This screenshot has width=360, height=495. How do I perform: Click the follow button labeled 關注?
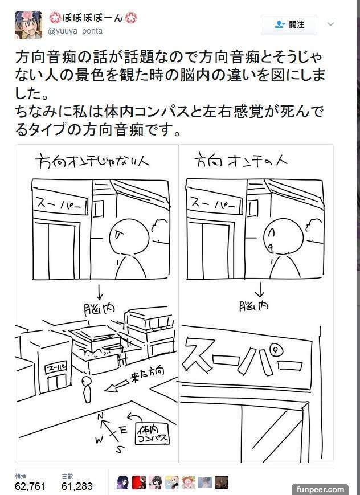[289, 24]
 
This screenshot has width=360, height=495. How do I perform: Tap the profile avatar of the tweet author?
[28, 24]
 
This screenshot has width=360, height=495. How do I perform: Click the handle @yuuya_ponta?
[75, 31]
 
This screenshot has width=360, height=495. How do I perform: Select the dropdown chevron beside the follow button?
[330, 24]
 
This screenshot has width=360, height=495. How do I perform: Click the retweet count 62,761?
[30, 486]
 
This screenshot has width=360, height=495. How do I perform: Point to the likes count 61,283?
[77, 486]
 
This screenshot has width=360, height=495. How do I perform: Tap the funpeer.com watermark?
[320, 490]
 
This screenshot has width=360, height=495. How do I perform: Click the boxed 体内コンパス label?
[152, 434]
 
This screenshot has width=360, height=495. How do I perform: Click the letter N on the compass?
[100, 416]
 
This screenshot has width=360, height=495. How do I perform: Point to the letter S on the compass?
[118, 449]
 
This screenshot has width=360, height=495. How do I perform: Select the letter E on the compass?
[123, 430]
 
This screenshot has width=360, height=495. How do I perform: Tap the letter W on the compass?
[99, 440]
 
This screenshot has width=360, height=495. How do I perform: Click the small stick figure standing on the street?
[87, 389]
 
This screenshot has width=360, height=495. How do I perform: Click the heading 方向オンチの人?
[240, 161]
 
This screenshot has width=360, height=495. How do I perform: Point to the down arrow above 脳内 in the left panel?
[100, 292]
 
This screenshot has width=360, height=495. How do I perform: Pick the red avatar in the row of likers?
[138, 482]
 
